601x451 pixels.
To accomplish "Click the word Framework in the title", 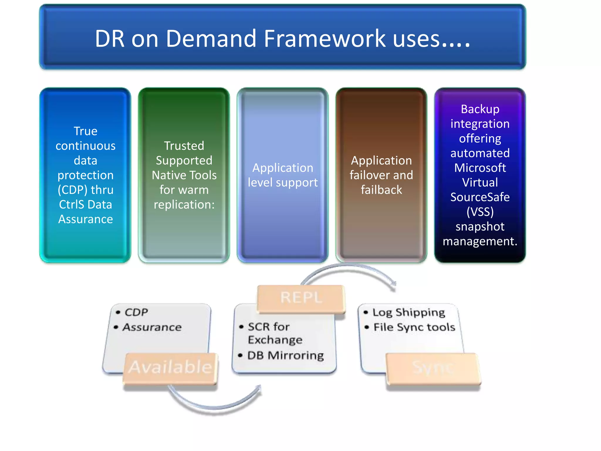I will point(325,39).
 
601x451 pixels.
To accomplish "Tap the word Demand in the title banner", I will point(211,39).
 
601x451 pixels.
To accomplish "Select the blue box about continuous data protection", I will point(85,175).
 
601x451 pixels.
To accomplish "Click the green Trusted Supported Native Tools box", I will point(184,175).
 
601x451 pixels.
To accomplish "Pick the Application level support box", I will point(283,175).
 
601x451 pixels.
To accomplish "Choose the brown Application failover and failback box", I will point(381,175).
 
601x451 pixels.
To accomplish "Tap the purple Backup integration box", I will point(480,175).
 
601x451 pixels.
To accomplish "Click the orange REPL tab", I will point(301,298).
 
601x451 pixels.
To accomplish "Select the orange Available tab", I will point(170,368).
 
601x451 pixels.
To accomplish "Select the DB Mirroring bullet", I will point(285,356).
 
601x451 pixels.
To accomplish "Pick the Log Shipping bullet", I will point(408,312).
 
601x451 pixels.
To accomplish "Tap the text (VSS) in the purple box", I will point(480,212).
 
